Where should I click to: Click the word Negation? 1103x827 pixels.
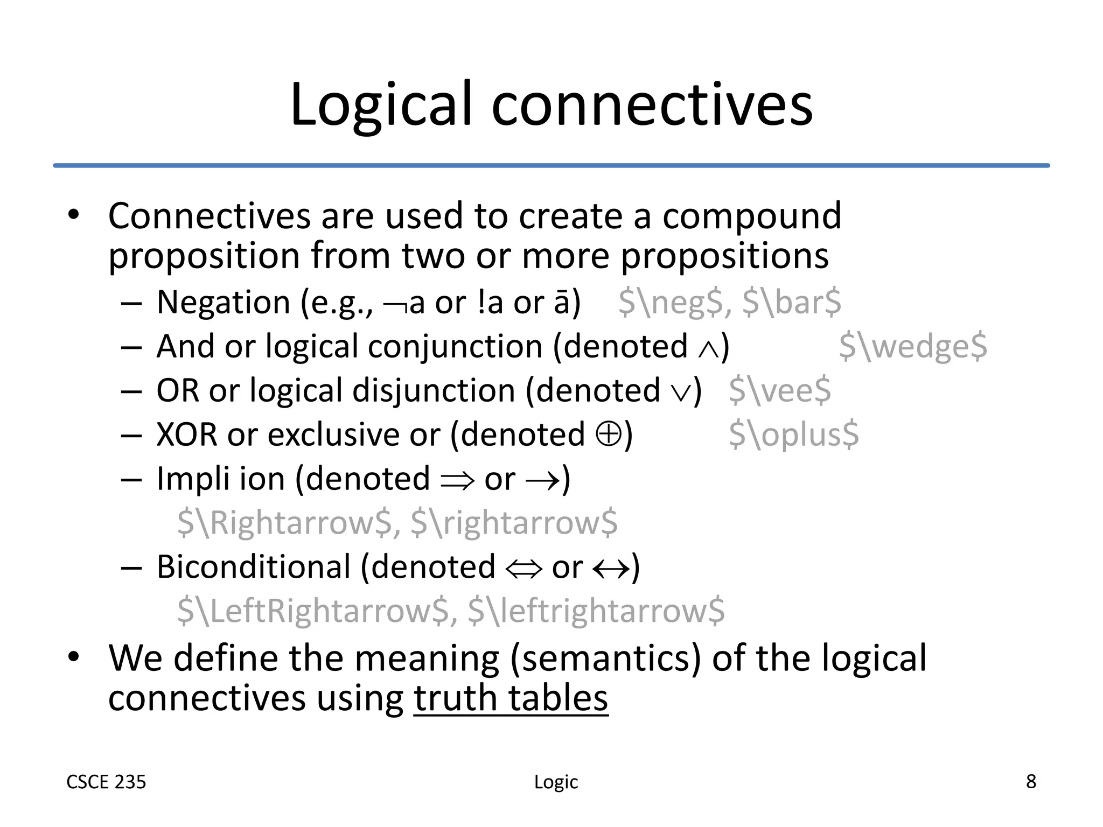[224, 302]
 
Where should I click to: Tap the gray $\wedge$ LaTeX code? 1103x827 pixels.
[913, 346]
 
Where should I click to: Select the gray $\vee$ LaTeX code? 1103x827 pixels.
[780, 390]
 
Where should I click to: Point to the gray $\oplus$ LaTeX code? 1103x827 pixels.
[793, 434]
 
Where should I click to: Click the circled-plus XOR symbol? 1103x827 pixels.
[609, 434]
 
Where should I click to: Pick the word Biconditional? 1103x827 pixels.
[254, 567]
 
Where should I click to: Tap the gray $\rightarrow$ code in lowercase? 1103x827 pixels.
[514, 523]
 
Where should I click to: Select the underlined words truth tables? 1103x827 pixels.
[511, 698]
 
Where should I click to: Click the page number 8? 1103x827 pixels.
[1031, 781]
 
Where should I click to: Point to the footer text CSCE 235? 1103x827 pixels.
[106, 782]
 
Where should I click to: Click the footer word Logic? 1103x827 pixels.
[556, 782]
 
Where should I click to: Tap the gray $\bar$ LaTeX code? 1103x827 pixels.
[792, 302]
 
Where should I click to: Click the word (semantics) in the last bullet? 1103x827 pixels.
[605, 658]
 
